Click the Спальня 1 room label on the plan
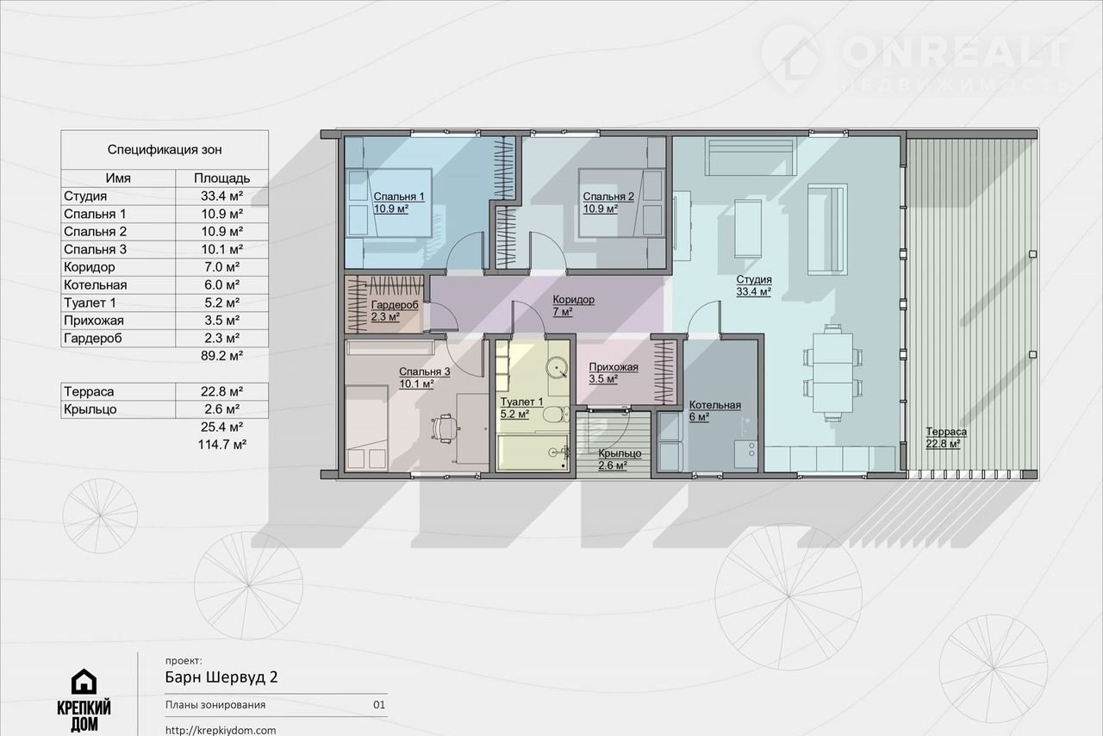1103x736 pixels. pos(398,203)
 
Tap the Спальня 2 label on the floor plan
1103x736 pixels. pos(608,203)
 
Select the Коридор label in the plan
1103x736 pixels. pos(573,305)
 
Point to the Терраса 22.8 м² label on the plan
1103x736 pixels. pos(946,438)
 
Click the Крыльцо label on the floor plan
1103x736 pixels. pos(620,459)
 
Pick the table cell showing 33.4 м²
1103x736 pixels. pos(221,196)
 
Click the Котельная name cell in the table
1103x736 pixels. pos(95,284)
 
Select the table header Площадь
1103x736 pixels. pos(221,178)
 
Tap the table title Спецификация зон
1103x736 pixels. pos(165,149)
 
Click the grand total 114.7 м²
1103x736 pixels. pos(222,445)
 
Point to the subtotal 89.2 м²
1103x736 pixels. pos(221,355)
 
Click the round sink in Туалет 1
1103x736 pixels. pos(557,367)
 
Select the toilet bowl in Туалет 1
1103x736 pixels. pos(556,415)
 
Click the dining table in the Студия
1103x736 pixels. pos(832,373)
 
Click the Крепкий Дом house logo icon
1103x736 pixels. pos(84,682)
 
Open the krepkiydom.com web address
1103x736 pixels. pos(221,730)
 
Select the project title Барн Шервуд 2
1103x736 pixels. pos(221,677)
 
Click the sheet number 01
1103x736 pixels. pos(378,704)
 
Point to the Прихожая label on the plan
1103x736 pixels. pos(613,373)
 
